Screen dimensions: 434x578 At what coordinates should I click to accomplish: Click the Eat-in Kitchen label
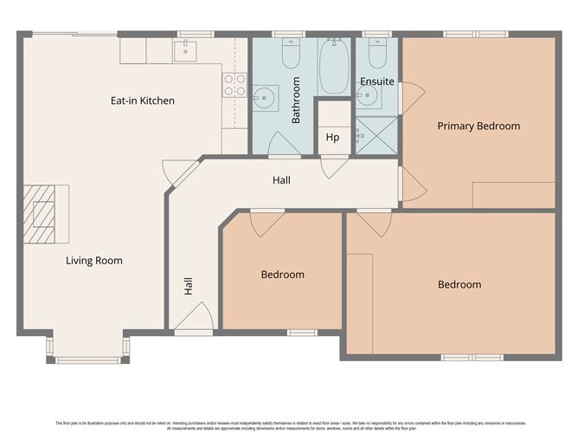tap(142, 100)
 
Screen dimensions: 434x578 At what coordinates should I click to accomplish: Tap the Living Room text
tap(94, 260)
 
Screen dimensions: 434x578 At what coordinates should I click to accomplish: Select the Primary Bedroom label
tap(478, 126)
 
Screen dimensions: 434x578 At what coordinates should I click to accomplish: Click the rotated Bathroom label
tap(296, 100)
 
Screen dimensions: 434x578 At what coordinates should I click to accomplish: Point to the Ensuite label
tap(376, 81)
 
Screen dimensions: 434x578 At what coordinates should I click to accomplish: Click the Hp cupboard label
tap(332, 137)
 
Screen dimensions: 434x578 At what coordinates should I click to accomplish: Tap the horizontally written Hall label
tap(281, 180)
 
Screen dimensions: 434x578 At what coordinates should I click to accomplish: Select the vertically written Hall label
tap(188, 287)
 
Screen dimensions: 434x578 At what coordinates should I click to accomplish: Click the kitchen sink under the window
tap(185, 51)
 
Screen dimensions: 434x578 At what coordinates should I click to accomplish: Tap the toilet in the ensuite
tap(376, 55)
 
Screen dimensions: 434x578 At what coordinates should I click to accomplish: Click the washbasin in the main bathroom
tap(264, 95)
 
